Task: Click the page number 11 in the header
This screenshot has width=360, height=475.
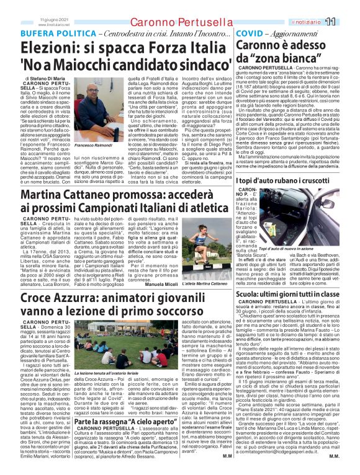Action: [x=347, y=21]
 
